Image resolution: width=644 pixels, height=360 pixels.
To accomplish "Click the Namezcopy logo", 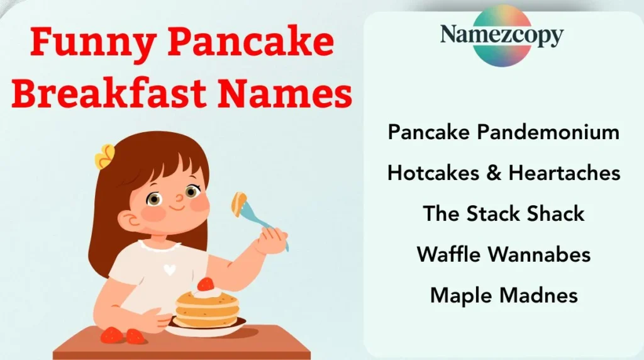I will point(501,35).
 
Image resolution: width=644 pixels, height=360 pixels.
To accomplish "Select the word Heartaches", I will point(564,172).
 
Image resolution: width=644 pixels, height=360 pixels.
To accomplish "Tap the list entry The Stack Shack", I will point(504,213).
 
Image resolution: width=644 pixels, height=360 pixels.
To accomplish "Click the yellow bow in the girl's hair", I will point(105,157).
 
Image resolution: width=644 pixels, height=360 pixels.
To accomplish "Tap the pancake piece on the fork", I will point(239,203).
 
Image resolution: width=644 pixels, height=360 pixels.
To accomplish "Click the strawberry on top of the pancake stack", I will point(205,284).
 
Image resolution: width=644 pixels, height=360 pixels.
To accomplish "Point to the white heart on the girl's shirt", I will point(169,269).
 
